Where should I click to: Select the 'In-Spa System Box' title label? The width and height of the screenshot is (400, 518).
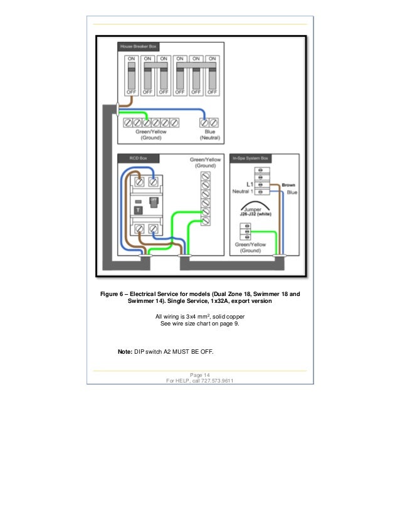pos(250,158)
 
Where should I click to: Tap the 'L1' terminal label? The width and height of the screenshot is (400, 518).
pos(249,184)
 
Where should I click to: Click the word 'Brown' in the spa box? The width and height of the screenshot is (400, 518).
pos(288,185)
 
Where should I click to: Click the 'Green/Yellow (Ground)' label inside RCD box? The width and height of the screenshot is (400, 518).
pos(206,163)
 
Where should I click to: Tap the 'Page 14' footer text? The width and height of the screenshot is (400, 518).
pos(199,375)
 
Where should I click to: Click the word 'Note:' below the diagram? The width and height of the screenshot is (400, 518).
pos(125,352)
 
